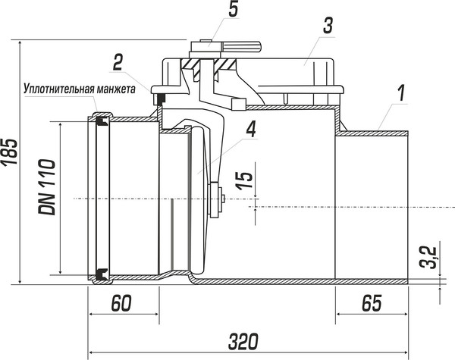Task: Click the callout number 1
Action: click(x=401, y=93)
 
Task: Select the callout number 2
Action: click(x=118, y=62)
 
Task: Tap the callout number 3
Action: click(x=328, y=25)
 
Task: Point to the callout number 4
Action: click(x=251, y=129)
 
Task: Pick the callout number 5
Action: click(x=234, y=9)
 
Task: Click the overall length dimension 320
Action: click(x=243, y=342)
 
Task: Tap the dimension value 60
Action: click(x=121, y=303)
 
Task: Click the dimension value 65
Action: click(x=372, y=303)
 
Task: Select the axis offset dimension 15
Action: click(x=244, y=180)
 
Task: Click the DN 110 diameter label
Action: click(x=47, y=187)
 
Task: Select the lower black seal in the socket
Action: click(x=102, y=274)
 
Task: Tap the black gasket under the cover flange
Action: click(x=161, y=99)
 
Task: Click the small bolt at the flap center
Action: click(x=222, y=199)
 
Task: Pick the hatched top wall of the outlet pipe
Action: click(x=372, y=133)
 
